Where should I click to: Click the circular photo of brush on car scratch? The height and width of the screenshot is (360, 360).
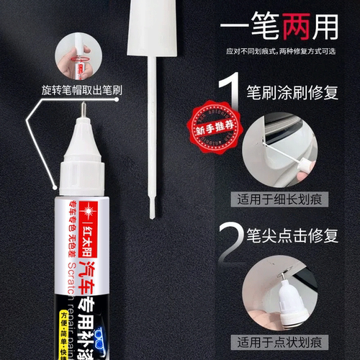[x=287, y=149]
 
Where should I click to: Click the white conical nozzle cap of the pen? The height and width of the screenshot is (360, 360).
[x=81, y=155]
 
